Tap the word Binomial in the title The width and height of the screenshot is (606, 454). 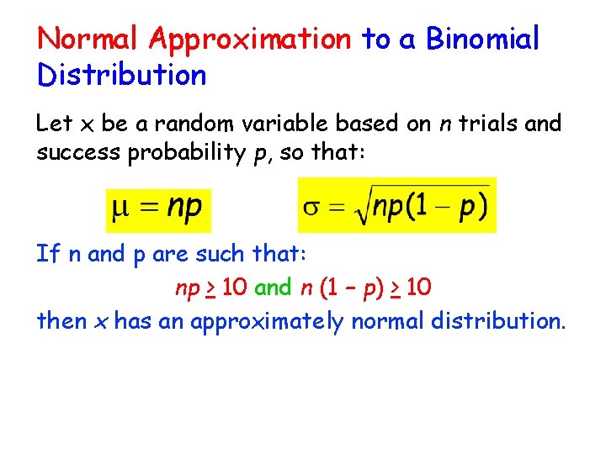(x=482, y=39)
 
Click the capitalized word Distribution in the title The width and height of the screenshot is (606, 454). (x=121, y=75)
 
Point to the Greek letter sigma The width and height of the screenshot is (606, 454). (x=311, y=207)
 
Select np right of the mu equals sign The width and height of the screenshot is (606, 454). (x=183, y=208)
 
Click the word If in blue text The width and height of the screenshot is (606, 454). (x=47, y=253)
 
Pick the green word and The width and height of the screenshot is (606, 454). (x=272, y=288)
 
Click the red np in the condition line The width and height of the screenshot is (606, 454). (x=187, y=289)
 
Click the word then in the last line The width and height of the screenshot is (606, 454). (x=61, y=321)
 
